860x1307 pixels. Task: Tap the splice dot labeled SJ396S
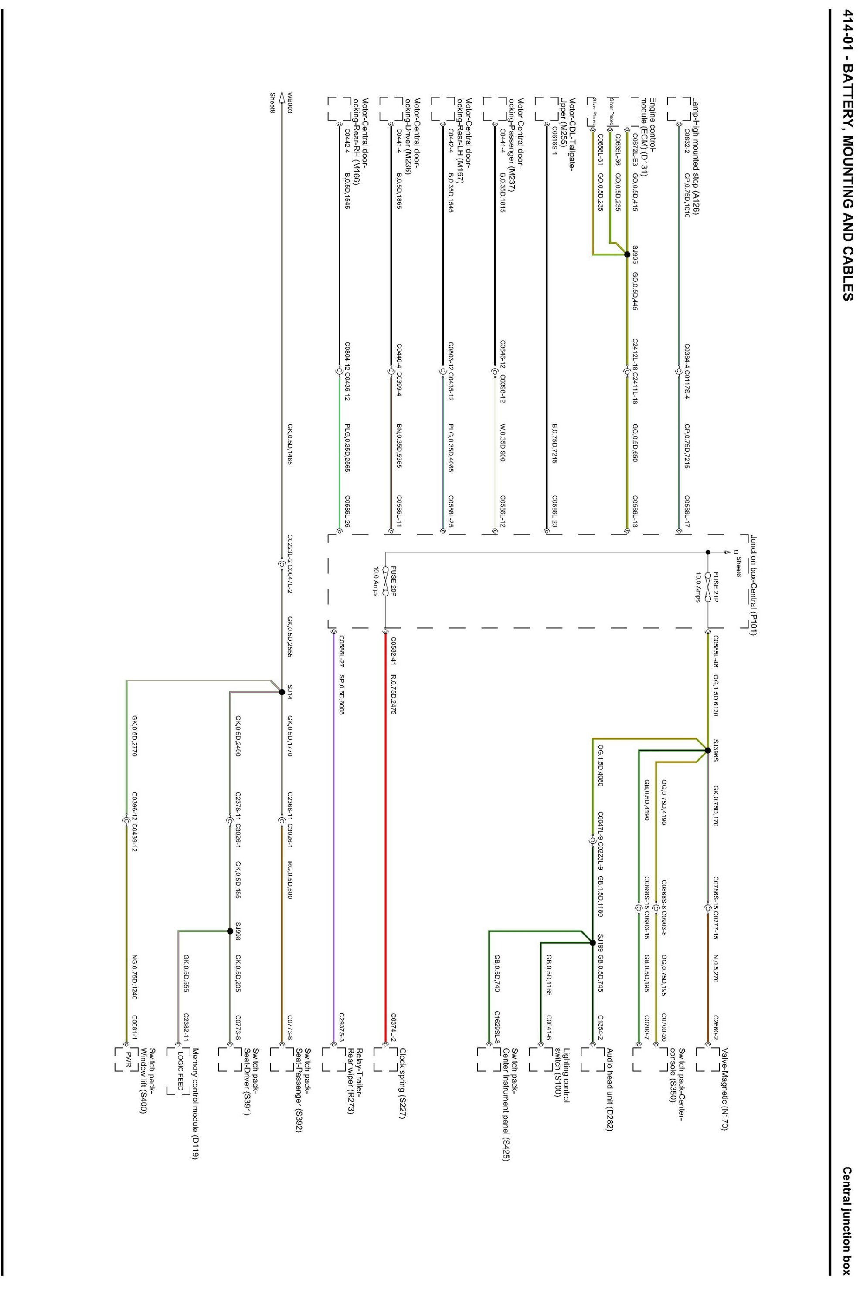pos(708,750)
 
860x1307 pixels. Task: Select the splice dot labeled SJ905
pos(627,254)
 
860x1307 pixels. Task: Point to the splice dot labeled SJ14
pos(282,692)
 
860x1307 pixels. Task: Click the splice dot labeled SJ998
pos(230,931)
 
